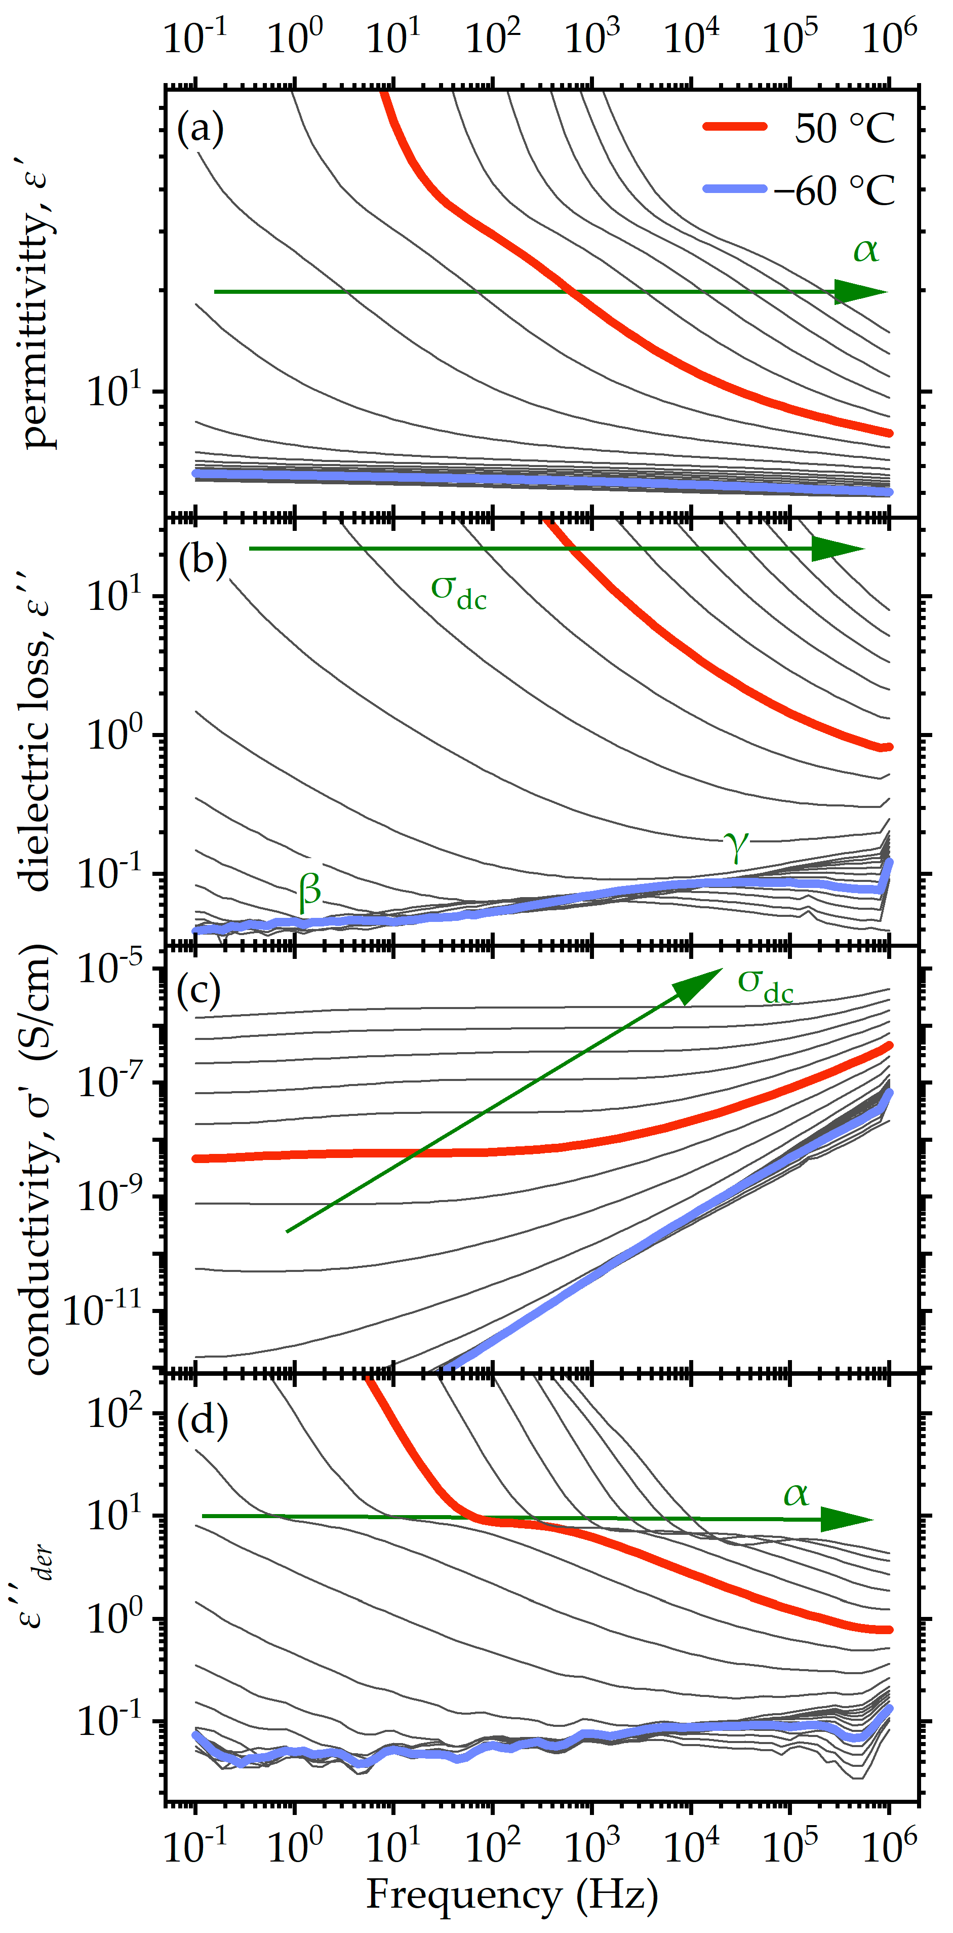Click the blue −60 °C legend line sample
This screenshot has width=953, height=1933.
click(x=735, y=189)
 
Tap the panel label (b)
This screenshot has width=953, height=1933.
click(x=203, y=561)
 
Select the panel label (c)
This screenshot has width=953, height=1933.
click(x=199, y=991)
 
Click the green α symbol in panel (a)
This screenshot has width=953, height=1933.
click(x=866, y=250)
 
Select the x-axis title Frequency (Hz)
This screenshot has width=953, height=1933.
click(x=512, y=1896)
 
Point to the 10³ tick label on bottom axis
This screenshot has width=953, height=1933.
click(x=591, y=1846)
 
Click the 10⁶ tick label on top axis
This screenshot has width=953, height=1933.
click(x=889, y=36)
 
